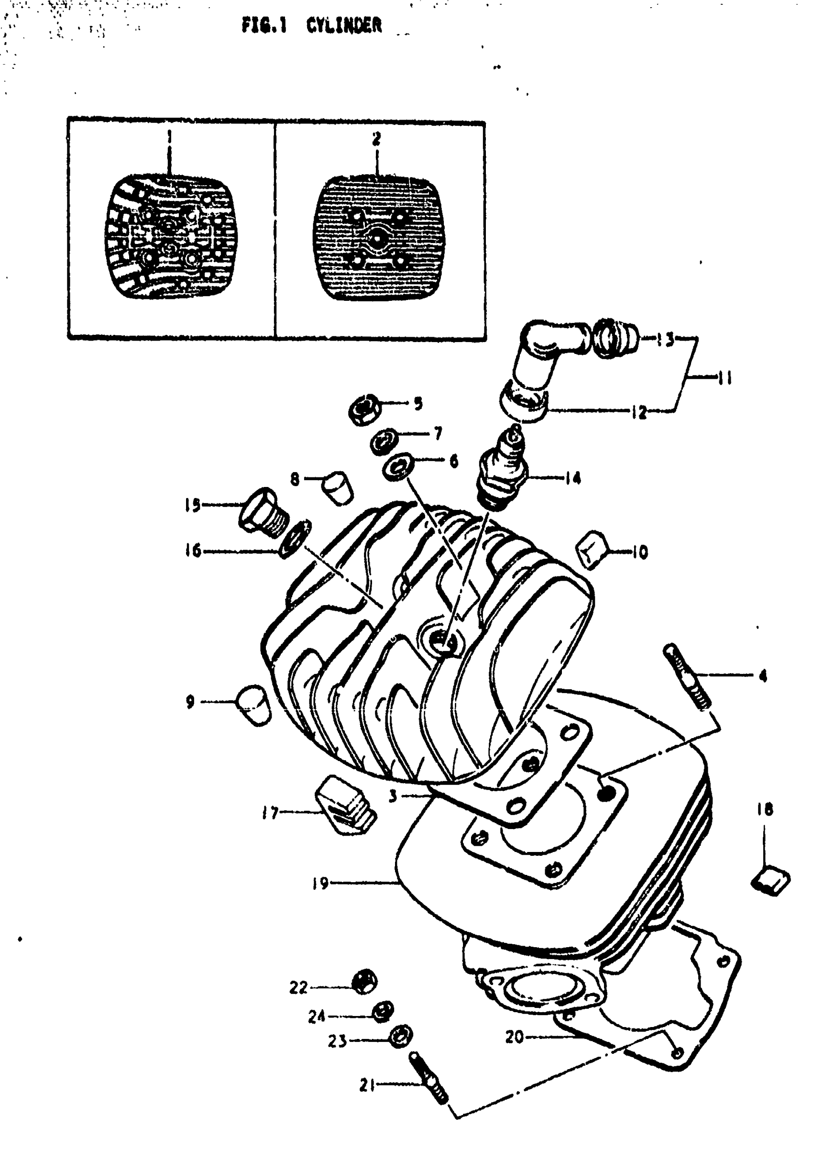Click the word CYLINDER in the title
[344, 25]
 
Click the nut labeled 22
[364, 982]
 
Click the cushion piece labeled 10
[593, 549]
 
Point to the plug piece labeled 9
[254, 705]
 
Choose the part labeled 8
[337, 486]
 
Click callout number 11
[721, 378]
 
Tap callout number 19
[320, 883]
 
